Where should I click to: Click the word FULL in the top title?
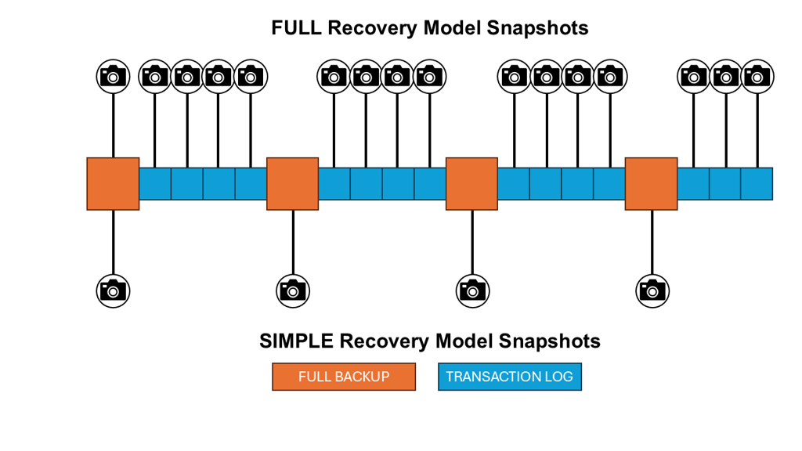(x=296, y=28)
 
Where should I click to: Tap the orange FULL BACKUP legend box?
(x=344, y=377)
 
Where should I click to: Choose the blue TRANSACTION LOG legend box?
(x=510, y=377)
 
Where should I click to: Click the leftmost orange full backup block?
(x=113, y=184)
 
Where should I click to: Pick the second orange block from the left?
(x=292, y=184)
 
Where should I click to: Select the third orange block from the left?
(x=471, y=184)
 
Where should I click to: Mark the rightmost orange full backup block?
(x=651, y=184)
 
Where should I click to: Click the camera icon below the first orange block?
(x=113, y=290)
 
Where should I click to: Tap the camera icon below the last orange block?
(x=652, y=290)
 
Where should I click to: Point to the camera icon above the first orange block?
(x=113, y=76)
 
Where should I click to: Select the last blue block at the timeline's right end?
(x=757, y=184)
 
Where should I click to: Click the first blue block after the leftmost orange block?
(x=155, y=184)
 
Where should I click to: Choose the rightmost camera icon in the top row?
(x=757, y=76)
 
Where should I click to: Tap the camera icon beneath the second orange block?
(x=293, y=290)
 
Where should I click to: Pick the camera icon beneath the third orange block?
(x=471, y=290)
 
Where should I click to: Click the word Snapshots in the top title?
(x=537, y=28)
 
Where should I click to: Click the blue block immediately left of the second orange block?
(x=251, y=184)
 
